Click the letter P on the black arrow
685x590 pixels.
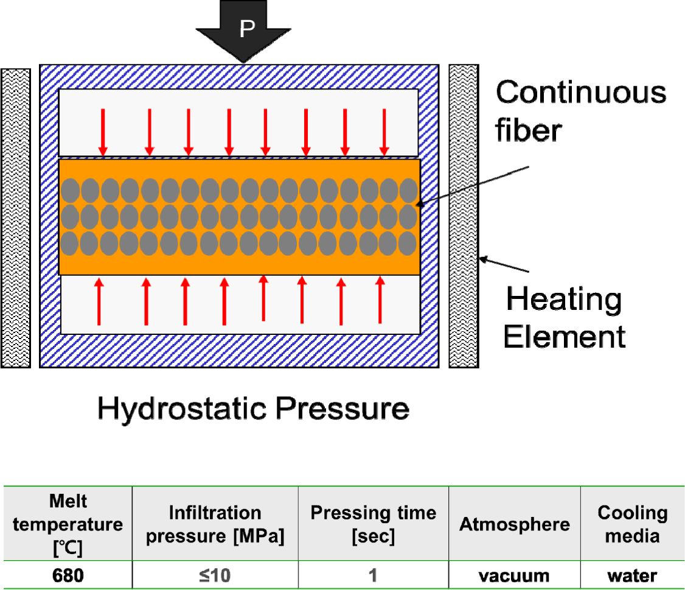coord(246,28)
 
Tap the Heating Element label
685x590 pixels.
coord(565,317)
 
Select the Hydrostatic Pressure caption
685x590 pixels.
coord(253,409)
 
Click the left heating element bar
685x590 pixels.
coord(16,217)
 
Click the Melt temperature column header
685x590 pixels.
coord(68,524)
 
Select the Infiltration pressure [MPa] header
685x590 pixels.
coord(215,525)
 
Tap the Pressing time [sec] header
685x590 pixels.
coord(374,524)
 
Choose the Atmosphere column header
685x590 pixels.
coord(515,524)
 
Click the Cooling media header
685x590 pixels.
coord(633,524)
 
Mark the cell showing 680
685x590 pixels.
coord(68,575)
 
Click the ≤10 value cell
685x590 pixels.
coord(215,575)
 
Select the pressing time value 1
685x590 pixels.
coord(374,575)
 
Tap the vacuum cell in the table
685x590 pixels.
coord(515,575)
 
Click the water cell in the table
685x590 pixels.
coord(633,575)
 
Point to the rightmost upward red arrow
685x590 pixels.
coord(380,300)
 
